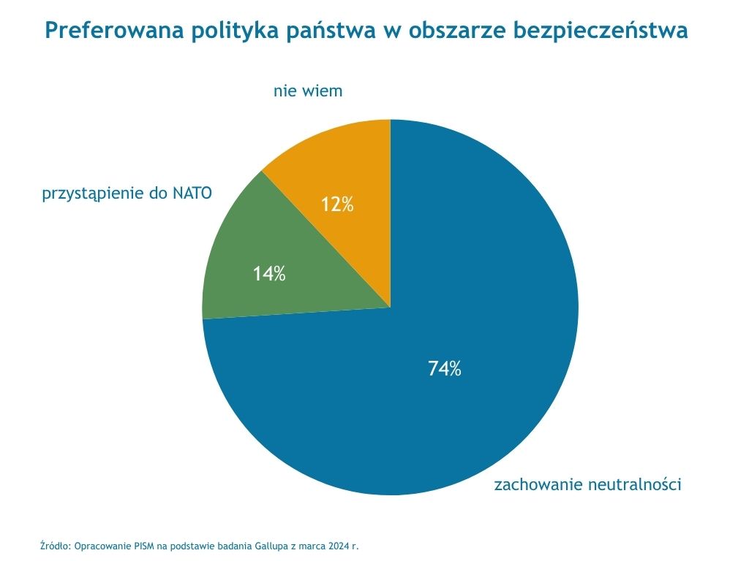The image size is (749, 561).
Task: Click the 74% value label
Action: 445,369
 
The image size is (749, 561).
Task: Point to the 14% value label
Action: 269,275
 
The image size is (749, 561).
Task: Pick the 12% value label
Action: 337,205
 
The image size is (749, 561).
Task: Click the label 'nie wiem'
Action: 308,91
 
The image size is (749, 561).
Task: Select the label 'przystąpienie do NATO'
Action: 127,194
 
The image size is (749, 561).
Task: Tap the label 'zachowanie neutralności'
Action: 588,484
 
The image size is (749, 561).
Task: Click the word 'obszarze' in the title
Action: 456,31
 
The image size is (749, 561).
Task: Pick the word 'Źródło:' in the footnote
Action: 55,546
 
